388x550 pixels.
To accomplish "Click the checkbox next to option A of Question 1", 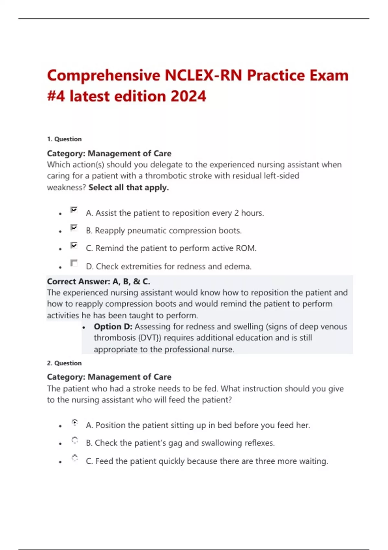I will (x=74, y=210).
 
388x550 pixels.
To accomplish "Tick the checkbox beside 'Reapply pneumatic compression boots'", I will (x=74, y=228).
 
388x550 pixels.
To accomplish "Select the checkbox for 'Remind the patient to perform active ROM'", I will (x=74, y=245).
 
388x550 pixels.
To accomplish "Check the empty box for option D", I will (x=74, y=263).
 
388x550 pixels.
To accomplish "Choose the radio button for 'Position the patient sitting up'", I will (x=75, y=422).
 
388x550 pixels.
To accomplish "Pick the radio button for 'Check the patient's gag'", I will (x=75, y=440).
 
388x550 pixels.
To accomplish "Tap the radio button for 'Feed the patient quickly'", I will (x=75, y=458).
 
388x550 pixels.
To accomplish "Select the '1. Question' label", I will (x=64, y=139).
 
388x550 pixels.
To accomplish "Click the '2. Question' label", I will (x=64, y=363).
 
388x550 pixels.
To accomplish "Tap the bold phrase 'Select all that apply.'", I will (x=129, y=188).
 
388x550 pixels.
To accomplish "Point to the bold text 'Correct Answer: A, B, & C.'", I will (x=99, y=281).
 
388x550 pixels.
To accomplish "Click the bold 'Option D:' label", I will (x=113, y=327).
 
